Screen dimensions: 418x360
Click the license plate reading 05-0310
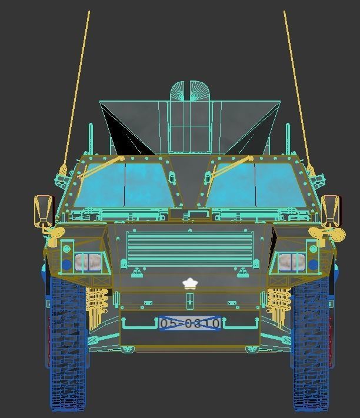[189, 323]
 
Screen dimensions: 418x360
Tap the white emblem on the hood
[189, 284]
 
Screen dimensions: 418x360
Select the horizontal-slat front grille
[189, 249]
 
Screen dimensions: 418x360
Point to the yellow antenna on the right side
[296, 88]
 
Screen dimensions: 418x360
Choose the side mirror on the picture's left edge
[43, 211]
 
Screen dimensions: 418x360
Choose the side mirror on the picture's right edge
[331, 211]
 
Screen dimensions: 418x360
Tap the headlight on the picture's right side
[288, 262]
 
